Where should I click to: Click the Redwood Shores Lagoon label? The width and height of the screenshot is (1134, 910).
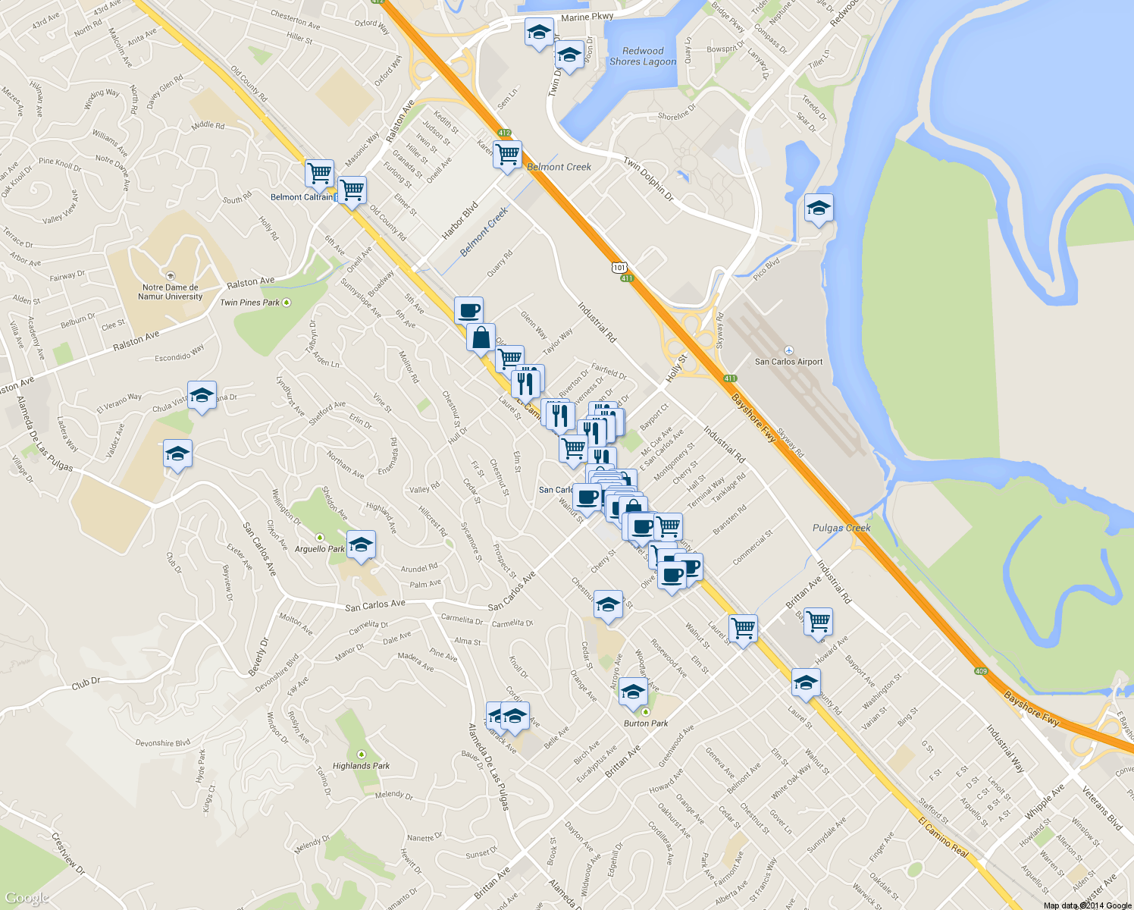click(x=643, y=56)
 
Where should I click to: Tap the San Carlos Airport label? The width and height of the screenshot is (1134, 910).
click(x=788, y=362)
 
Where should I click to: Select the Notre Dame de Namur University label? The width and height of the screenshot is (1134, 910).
click(x=171, y=292)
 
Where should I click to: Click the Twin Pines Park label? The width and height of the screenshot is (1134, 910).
click(x=250, y=303)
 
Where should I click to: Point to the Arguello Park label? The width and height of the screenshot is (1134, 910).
click(x=319, y=549)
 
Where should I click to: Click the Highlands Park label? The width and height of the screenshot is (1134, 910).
click(x=361, y=766)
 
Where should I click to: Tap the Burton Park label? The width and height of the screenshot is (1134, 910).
click(x=646, y=723)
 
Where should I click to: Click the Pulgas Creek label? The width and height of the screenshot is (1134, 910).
click(x=841, y=528)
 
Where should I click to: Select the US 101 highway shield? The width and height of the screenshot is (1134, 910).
click(x=620, y=268)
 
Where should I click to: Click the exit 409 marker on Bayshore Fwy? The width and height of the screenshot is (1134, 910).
click(x=982, y=671)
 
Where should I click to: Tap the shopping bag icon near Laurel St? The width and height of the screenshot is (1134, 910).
click(x=481, y=338)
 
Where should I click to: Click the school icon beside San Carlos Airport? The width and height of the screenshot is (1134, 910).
click(x=818, y=208)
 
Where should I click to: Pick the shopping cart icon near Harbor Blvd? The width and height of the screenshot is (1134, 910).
click(x=507, y=154)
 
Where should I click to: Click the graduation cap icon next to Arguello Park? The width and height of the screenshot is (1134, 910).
click(x=361, y=544)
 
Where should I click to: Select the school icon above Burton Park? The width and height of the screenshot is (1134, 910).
click(x=632, y=692)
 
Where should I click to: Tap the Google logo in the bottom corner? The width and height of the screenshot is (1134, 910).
click(x=27, y=899)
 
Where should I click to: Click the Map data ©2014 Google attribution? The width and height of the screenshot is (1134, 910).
click(x=1087, y=905)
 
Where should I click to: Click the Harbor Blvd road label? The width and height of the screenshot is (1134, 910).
click(x=459, y=220)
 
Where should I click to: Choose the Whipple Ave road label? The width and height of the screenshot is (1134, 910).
click(x=1045, y=801)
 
